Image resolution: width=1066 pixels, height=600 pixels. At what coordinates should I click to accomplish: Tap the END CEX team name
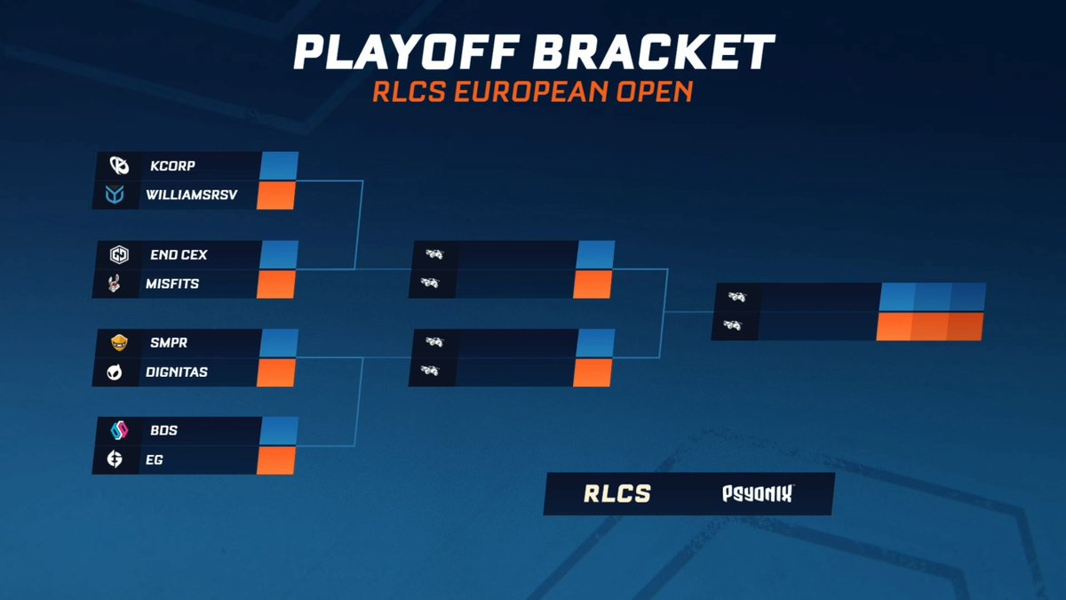pos(179,255)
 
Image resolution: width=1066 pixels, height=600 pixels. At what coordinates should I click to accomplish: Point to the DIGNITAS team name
pos(177,372)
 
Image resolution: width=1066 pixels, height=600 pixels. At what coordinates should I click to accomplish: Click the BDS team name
pos(164,431)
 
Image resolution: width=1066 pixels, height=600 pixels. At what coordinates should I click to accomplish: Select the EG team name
pos(156,460)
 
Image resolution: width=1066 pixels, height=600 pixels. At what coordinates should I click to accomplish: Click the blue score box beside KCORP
pos(279,166)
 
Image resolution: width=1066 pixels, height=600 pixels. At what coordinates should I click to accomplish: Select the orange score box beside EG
pos(275,460)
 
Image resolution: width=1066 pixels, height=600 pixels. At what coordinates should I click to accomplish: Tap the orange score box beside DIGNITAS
pos(275,372)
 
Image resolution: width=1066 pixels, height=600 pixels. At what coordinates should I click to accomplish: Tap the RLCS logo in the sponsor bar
pos(617,494)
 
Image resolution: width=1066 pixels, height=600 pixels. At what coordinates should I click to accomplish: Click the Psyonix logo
pos(756,494)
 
